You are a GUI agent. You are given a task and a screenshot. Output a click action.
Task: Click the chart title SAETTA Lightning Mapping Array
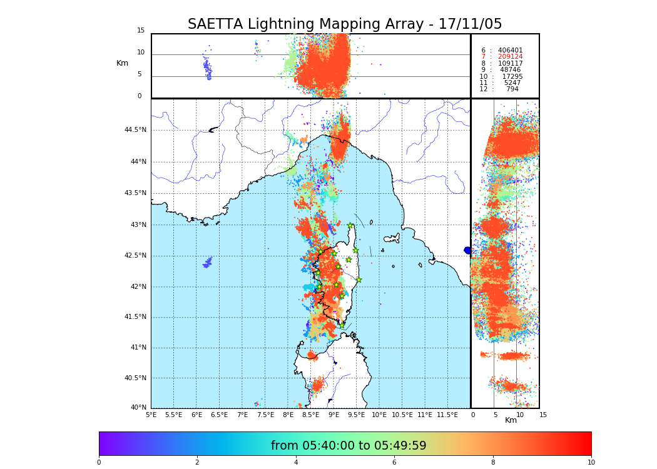pos(345,24)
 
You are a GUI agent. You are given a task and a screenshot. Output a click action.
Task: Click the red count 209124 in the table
pos(510,57)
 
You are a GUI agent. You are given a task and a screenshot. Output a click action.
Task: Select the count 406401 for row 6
pos(510,51)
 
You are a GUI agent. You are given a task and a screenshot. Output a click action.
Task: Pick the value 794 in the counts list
pos(512,89)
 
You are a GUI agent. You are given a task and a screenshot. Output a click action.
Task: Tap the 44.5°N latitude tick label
pos(135,130)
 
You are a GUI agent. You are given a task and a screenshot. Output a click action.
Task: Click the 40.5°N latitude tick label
pos(135,378)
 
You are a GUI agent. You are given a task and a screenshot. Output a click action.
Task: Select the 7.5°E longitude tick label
pos(265,415)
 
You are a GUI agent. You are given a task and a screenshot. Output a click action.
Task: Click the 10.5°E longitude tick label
pos(402,415)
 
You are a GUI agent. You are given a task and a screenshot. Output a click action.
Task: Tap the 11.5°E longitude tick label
pos(447,415)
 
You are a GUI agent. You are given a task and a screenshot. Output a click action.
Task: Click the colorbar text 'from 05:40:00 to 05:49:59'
pos(349,446)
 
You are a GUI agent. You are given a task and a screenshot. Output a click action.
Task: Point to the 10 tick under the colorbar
pos(591,462)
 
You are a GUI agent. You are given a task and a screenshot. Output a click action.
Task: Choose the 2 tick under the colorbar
pos(197,462)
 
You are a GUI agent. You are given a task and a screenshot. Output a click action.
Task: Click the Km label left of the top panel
pos(122,63)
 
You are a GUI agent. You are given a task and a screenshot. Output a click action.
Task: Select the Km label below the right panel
pos(511,420)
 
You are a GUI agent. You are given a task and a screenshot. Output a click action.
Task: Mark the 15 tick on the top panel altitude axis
pos(141,31)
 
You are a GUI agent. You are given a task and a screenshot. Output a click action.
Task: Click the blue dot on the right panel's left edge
pos(467,250)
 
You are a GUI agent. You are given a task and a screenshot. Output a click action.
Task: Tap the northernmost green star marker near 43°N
pos(350,225)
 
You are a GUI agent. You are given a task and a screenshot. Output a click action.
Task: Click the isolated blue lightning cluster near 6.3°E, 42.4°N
pos(208,263)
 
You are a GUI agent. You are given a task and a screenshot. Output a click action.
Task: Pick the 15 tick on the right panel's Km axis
pos(543,415)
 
